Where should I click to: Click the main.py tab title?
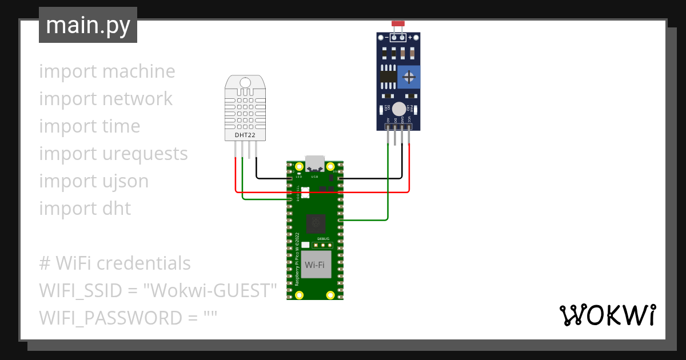[x=87, y=25]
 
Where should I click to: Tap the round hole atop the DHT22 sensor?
[x=245, y=83]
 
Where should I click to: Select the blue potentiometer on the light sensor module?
[x=409, y=77]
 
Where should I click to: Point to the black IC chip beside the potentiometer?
[x=388, y=76]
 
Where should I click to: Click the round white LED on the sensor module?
[x=398, y=109]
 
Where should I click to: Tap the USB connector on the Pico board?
[x=314, y=163]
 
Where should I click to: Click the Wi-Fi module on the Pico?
[x=316, y=265]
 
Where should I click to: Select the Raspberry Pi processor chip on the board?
[x=316, y=223]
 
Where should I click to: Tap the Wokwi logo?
[x=607, y=315]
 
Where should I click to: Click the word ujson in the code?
[x=124, y=181]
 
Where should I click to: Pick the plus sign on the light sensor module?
[x=410, y=37]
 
